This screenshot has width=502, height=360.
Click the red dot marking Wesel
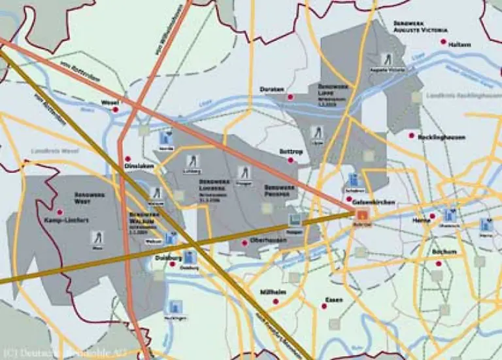[x=116, y=110]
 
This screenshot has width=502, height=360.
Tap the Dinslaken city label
[x=138, y=166]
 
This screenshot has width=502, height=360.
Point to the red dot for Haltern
[x=444, y=42]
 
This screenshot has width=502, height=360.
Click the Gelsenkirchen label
[x=371, y=202]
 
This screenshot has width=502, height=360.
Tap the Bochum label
[x=443, y=252]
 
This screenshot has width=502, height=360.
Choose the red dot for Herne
[x=431, y=220]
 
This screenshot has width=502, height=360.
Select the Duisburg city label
[x=167, y=257]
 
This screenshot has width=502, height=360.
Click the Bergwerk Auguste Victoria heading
[x=420, y=26]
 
